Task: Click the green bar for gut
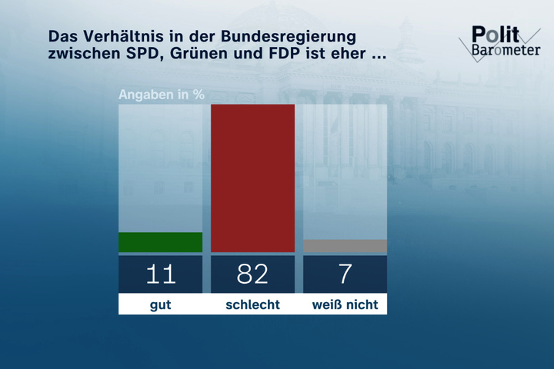tap(160, 242)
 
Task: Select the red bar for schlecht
tap(252, 178)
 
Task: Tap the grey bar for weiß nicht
tap(345, 246)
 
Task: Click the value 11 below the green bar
tap(160, 274)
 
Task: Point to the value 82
tap(252, 274)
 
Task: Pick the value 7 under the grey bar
tap(345, 274)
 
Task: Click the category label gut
tap(160, 304)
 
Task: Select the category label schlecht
tap(252, 304)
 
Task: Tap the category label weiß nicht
tap(345, 304)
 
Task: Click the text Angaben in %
tap(161, 95)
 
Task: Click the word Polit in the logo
tap(495, 35)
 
